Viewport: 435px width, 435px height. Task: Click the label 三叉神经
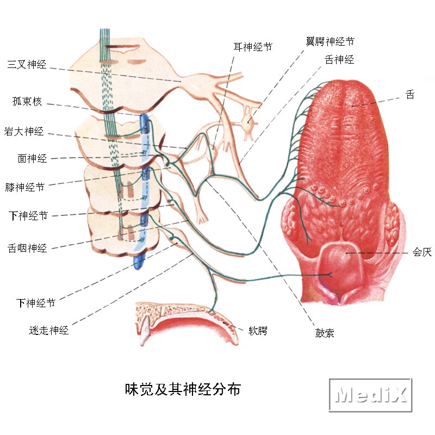click(27, 64)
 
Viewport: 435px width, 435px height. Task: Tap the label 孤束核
click(27, 102)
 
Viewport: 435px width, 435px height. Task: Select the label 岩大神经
click(24, 131)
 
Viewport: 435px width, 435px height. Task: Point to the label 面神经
click(32, 158)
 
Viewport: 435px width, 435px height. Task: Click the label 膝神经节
click(25, 187)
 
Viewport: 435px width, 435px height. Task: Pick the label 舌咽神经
click(27, 248)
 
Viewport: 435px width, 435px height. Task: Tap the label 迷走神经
click(49, 330)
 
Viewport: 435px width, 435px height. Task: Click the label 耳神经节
click(253, 47)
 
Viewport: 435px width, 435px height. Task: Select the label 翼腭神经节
click(330, 41)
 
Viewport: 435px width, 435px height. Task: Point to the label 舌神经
click(339, 60)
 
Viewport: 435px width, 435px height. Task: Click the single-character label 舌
click(410, 95)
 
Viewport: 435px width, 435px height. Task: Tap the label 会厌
click(422, 252)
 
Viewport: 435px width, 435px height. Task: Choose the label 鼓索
click(325, 333)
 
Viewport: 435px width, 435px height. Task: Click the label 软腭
click(258, 331)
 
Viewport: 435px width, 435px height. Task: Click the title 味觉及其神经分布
click(183, 389)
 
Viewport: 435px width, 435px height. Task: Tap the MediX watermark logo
click(370, 395)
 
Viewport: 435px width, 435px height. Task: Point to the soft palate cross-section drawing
click(187, 322)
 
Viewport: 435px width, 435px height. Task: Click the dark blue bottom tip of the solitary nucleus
click(139, 262)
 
